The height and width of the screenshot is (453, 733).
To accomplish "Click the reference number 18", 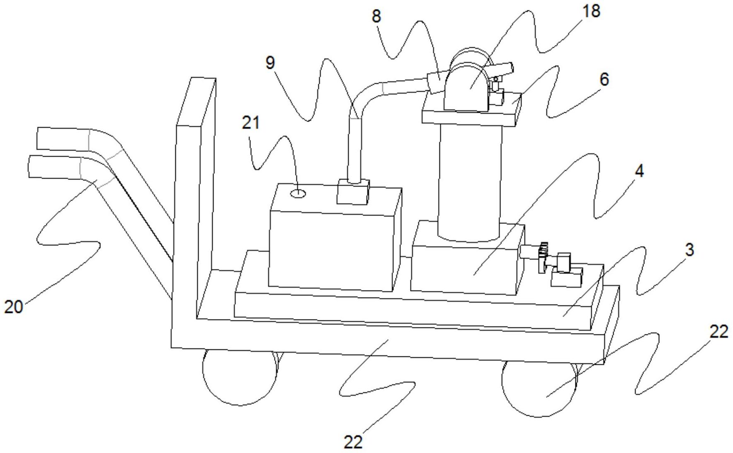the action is (591, 11).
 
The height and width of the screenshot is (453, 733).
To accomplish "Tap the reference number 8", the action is (376, 16).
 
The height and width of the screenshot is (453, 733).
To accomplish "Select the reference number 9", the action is (270, 63).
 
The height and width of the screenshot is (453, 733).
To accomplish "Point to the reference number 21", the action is (250, 123).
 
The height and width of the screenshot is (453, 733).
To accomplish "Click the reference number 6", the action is (604, 79).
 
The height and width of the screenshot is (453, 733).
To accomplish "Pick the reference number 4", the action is (639, 171).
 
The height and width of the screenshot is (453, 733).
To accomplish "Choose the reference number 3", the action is (689, 250).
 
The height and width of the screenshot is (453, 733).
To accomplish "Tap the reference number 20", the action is (13, 307).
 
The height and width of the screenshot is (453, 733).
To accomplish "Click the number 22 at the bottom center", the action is (353, 442).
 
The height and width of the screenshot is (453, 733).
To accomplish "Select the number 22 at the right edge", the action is (719, 332).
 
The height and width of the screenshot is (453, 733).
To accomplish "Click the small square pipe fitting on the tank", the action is (353, 192).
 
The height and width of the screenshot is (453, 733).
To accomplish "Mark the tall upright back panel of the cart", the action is (195, 199).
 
